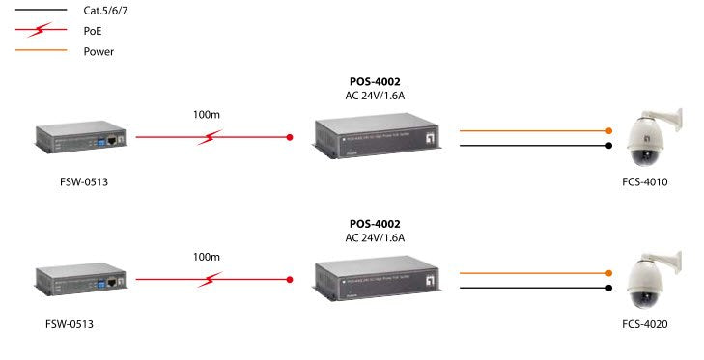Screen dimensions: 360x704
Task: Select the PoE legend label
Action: pos(93,31)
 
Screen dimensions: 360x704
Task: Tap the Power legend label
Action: pos(99,51)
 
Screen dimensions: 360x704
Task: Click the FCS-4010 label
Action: pos(645,181)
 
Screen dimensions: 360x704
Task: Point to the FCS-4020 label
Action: pos(645,324)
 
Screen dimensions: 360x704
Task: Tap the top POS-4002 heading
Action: pos(375,82)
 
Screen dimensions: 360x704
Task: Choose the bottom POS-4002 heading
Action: pos(375,223)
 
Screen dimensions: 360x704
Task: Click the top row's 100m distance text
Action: pos(207,116)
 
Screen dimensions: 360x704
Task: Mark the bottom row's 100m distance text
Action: pos(207,258)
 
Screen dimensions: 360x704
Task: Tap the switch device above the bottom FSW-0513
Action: pos(81,280)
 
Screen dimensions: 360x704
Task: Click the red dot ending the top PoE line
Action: pos(290,137)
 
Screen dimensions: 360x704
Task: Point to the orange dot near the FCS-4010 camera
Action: pos(608,130)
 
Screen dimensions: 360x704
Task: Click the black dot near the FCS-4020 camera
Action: pos(608,288)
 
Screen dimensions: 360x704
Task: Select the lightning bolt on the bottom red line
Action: pos(210,280)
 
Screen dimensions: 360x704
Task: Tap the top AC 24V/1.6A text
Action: pos(375,96)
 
